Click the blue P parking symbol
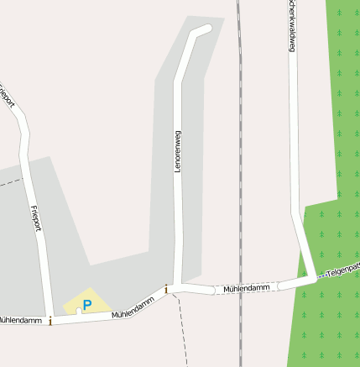pyautogui.click(x=86, y=305)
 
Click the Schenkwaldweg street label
pyautogui.click(x=291, y=25)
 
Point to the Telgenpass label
pyautogui.click(x=342, y=270)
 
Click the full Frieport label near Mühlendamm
pyautogui.click(x=35, y=223)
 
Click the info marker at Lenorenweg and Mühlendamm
pyautogui.click(x=166, y=289)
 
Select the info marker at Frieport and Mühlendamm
pyautogui.click(x=50, y=320)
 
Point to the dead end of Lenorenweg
pyautogui.click(x=205, y=29)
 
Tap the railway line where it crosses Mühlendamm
pyautogui.click(x=240, y=288)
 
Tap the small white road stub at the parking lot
pyautogui.click(x=78, y=311)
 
